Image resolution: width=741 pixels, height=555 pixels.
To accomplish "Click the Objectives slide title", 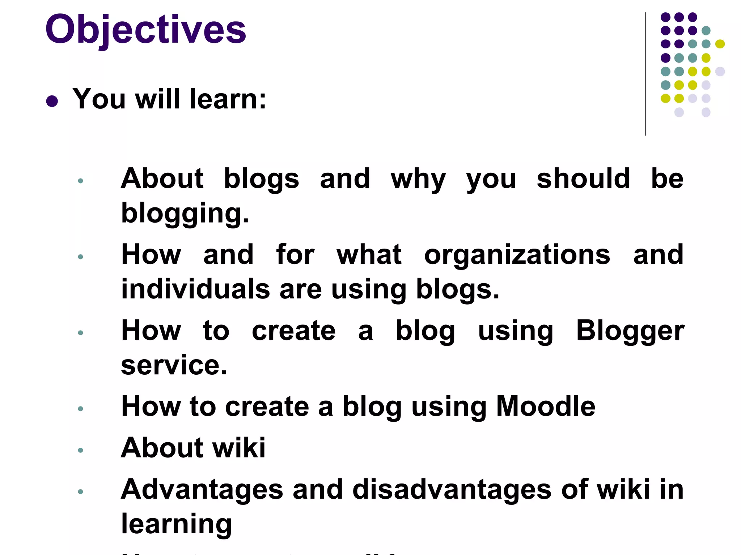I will tap(145, 30).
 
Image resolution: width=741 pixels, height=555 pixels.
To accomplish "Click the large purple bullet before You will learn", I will tap(52, 101).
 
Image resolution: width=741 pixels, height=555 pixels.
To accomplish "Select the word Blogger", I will tap(630, 331).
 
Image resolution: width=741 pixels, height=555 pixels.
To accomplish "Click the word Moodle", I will tap(545, 406).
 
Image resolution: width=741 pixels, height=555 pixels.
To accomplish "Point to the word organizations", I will tap(517, 255).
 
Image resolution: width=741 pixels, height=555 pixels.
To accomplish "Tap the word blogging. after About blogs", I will tap(185, 213).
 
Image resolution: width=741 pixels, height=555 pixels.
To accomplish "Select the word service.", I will tap(174, 365).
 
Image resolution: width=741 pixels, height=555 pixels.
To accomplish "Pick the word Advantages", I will tap(202, 490).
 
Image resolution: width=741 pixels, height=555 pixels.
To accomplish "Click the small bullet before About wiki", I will tap(81, 450).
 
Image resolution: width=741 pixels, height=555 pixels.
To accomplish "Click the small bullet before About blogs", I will tap(81, 181).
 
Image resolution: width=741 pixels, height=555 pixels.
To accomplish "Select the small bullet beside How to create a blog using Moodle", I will tap(81, 409).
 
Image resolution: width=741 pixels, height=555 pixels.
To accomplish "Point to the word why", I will tap(418, 179).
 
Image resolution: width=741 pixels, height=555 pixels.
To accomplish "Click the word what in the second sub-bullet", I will tap(369, 255).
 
